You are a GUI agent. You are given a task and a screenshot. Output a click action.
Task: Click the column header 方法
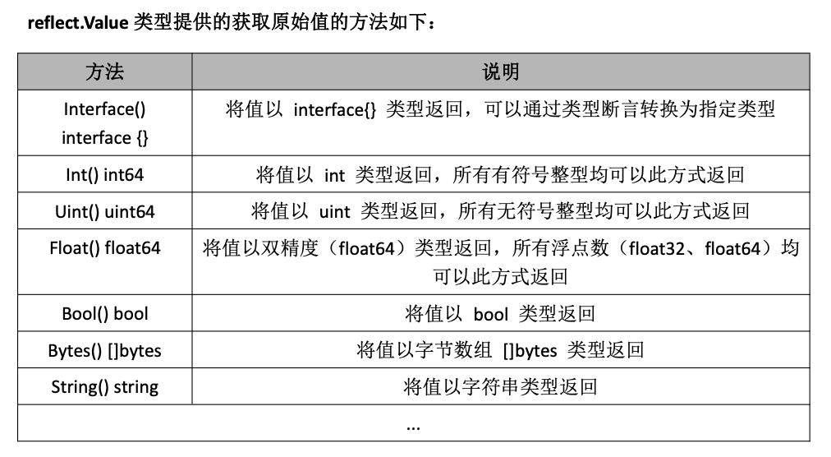pyautogui.click(x=105, y=72)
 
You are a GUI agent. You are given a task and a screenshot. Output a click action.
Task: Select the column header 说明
pyautogui.click(x=500, y=72)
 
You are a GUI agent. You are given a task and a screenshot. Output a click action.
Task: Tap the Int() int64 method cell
pyautogui.click(x=105, y=174)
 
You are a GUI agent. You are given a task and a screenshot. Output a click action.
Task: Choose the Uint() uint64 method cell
pyautogui.click(x=105, y=212)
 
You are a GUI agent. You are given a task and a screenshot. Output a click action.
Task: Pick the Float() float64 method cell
pyautogui.click(x=105, y=248)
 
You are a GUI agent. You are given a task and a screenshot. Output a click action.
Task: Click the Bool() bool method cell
pyautogui.click(x=105, y=313)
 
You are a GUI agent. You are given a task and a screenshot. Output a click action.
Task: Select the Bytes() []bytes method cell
pyautogui.click(x=105, y=350)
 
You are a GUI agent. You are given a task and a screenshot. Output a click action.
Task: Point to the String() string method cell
pyautogui.click(x=105, y=386)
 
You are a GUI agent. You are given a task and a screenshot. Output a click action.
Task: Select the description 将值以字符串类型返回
pyautogui.click(x=500, y=386)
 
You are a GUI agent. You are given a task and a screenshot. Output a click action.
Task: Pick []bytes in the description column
pyautogui.click(x=530, y=350)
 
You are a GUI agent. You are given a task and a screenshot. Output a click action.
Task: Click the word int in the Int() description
pyautogui.click(x=334, y=174)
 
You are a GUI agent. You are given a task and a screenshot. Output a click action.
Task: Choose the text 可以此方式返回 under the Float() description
pyautogui.click(x=500, y=276)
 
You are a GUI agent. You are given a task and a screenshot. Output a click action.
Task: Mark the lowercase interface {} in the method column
pyautogui.click(x=105, y=137)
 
